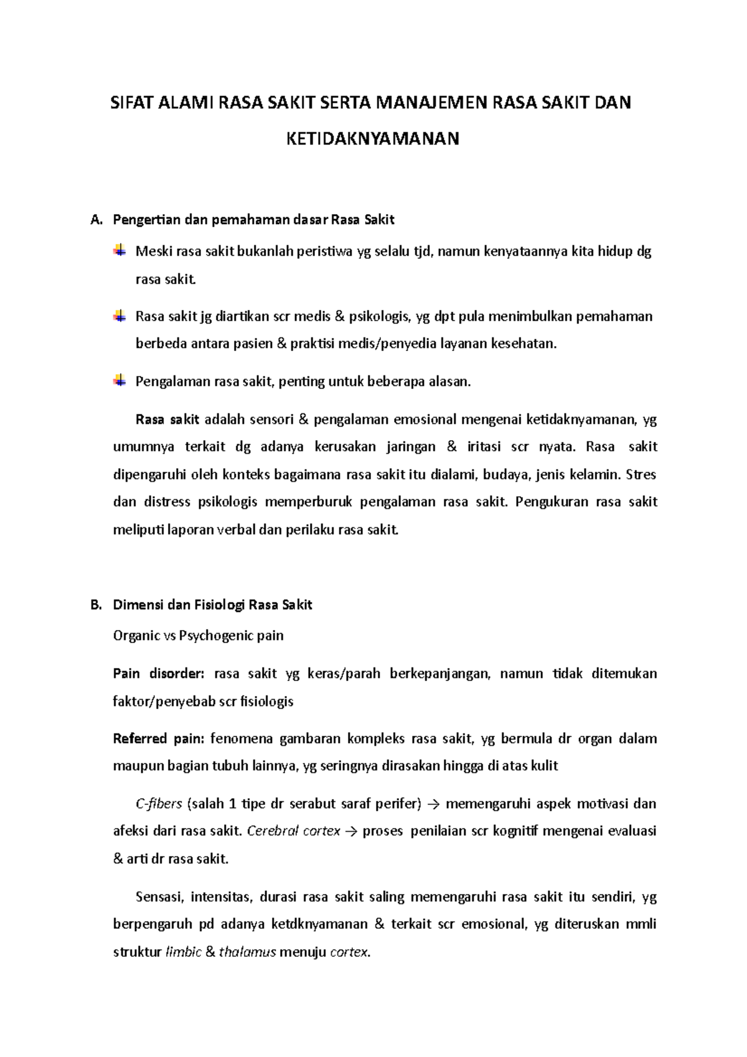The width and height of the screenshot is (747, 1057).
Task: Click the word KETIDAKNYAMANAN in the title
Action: (372, 138)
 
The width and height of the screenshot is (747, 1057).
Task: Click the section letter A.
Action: (95, 220)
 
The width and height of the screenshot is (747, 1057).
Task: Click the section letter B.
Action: (95, 604)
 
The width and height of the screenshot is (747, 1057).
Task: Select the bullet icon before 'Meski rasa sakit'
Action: (119, 251)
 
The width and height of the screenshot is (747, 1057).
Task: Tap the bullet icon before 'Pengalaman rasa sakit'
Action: (119, 380)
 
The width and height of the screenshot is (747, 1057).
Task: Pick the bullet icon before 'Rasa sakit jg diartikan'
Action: (119, 316)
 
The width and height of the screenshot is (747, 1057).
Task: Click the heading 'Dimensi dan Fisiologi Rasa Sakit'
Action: (212, 604)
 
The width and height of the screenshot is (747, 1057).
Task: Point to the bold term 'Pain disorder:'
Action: (158, 674)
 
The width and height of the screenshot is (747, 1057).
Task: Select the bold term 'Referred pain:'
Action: (158, 738)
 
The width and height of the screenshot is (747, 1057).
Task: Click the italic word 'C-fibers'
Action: (159, 804)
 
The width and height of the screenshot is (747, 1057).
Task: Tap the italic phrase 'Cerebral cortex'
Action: (294, 831)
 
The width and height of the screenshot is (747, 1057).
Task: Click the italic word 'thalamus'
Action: (247, 952)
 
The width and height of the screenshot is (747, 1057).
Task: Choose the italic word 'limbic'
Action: (184, 952)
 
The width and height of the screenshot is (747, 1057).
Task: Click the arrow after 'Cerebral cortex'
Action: (351, 832)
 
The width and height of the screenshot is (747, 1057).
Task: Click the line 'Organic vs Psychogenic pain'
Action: (198, 636)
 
